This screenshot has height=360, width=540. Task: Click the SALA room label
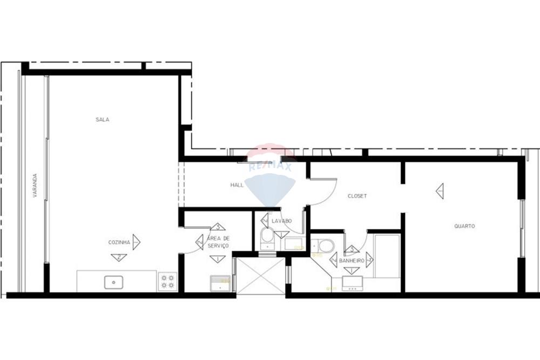pos(102,120)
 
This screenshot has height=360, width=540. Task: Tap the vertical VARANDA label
pos(35,185)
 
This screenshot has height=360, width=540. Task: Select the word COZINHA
pos(119,243)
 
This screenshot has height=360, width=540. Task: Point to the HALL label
pos(237,185)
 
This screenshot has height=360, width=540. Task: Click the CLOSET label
pos(357,196)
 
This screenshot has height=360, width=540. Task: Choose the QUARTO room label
pos(464,226)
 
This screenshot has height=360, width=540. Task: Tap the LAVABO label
pos(281,221)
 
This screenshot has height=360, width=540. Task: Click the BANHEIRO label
pos(351,261)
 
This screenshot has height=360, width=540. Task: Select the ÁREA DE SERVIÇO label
pos(218,242)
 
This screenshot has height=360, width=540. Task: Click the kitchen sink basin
pos(114,282)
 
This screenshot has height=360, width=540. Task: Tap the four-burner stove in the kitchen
pos(167,281)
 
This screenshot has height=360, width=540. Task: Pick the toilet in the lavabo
pos(267,238)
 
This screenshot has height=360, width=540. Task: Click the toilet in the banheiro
pos(325,247)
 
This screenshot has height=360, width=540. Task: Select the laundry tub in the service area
pos(219,282)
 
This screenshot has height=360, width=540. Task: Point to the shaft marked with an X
pos(261,276)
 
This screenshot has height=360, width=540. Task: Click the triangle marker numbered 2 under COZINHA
pos(118,257)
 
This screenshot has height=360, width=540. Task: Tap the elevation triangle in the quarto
pos(440,191)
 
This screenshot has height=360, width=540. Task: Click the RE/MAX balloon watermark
pos(270,173)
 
